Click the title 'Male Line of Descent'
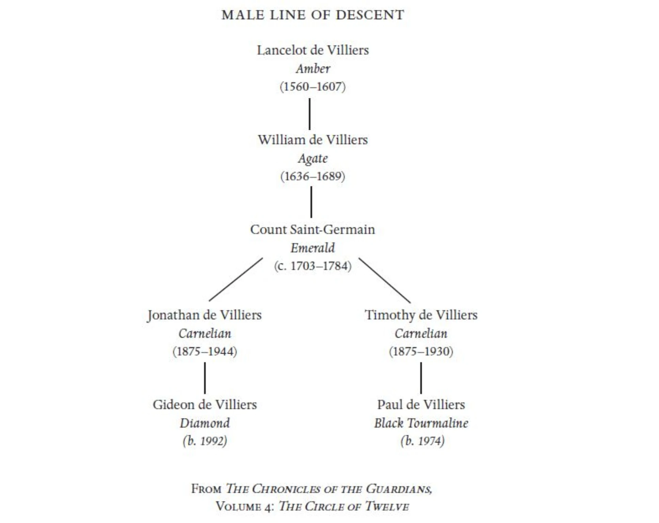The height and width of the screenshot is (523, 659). click(x=312, y=15)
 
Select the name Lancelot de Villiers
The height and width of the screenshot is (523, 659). click(x=312, y=50)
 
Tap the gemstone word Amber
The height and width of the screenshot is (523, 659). click(x=312, y=69)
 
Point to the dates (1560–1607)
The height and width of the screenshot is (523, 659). click(x=312, y=86)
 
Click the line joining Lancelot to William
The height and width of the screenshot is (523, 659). click(x=309, y=114)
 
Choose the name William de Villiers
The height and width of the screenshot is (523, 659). click(x=312, y=140)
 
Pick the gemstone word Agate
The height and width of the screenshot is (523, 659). click(x=312, y=158)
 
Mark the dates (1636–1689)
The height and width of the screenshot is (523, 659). click(x=312, y=176)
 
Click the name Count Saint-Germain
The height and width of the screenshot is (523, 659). click(x=312, y=229)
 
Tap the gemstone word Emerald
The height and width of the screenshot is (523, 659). click(x=312, y=248)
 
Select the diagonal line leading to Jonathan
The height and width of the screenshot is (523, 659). click(x=236, y=279)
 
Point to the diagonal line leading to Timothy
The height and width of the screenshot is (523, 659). click(x=385, y=280)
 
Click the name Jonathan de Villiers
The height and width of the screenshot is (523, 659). click(x=205, y=315)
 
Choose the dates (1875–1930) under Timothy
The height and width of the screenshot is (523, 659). click(x=421, y=351)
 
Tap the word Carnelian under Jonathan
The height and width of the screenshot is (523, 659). click(x=205, y=333)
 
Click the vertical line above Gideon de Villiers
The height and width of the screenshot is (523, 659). click(x=205, y=378)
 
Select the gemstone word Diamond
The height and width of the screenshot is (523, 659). click(x=205, y=423)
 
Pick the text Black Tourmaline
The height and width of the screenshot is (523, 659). click(x=421, y=423)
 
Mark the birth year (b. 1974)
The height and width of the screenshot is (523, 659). click(x=422, y=441)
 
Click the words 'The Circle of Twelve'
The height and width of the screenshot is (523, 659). click(x=344, y=506)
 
